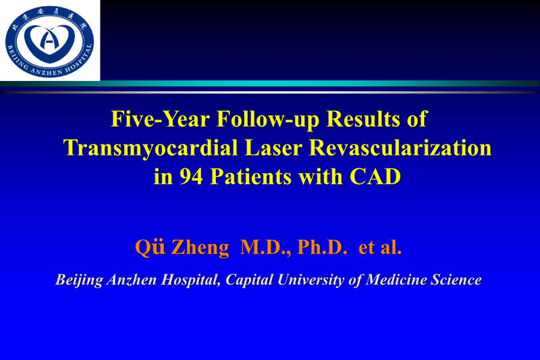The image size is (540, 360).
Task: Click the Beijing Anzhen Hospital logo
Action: point(49,40)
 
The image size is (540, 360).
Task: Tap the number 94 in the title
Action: point(189,177)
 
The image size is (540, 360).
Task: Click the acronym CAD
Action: point(377,177)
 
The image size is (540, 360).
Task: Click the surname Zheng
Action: point(200,248)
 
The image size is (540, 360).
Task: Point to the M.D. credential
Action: point(267,248)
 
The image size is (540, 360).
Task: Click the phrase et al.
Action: point(380,248)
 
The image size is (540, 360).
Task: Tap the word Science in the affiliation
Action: point(456,280)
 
